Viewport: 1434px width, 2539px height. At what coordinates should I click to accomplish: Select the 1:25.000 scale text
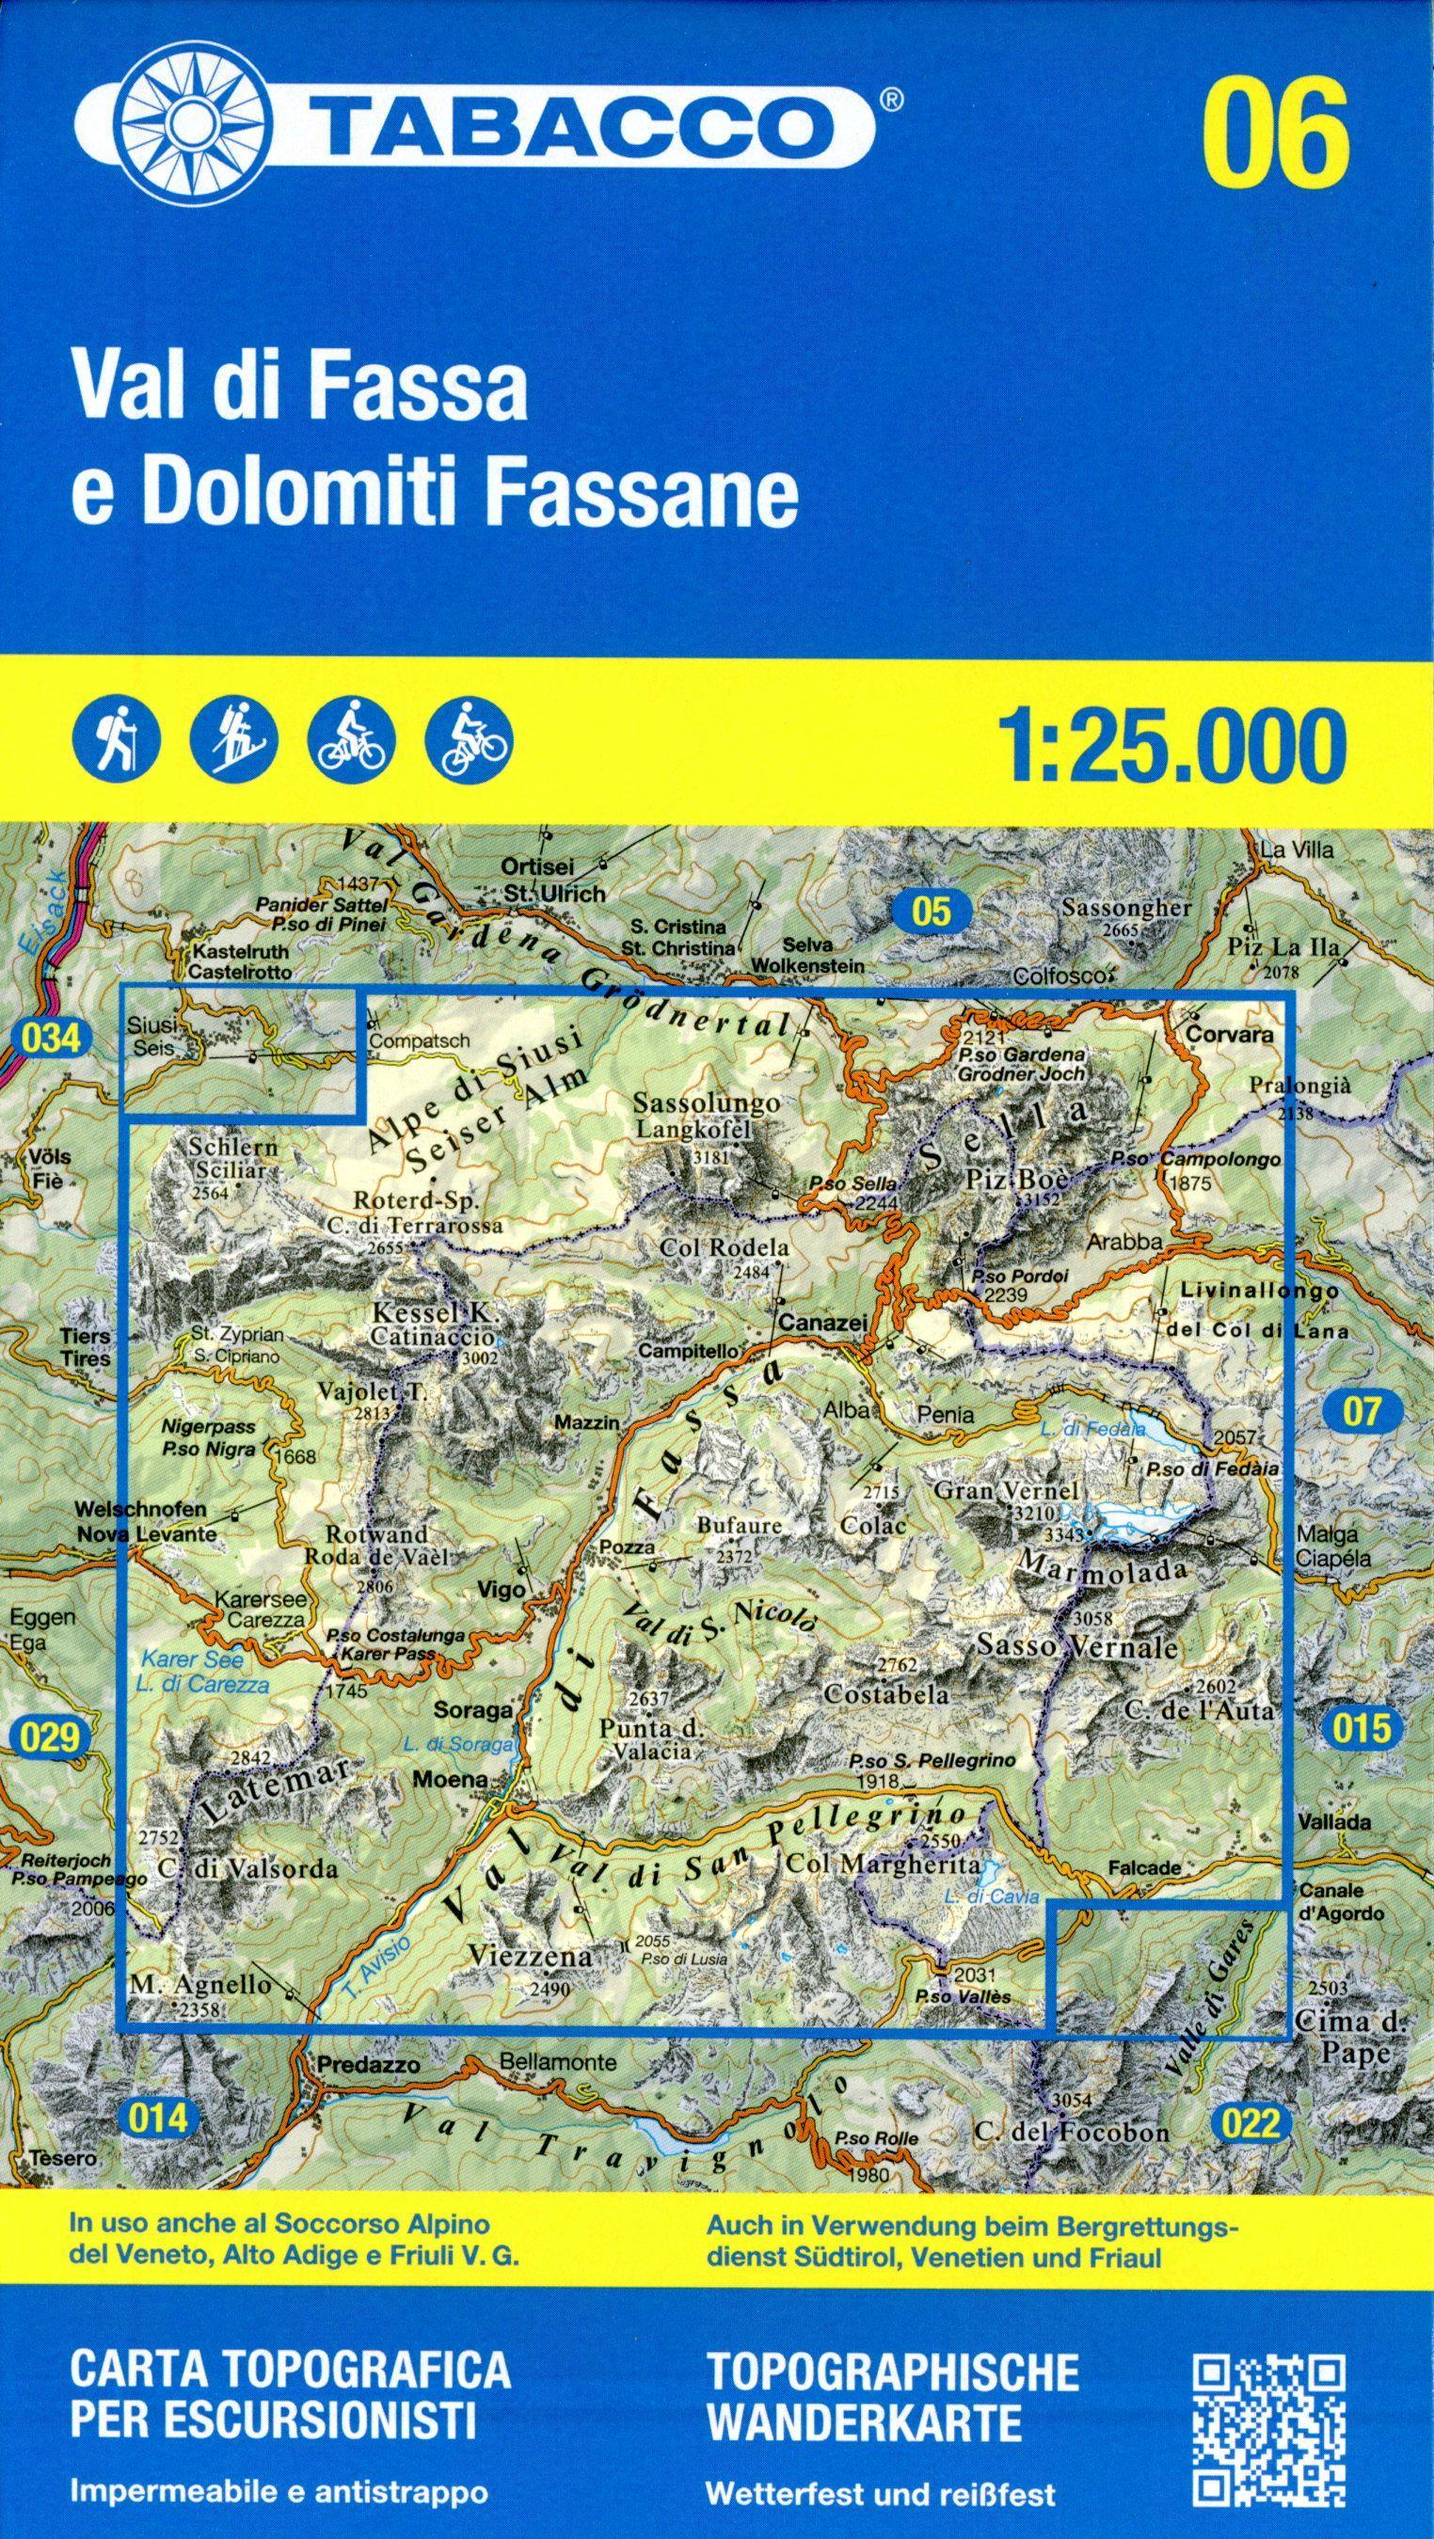1171,745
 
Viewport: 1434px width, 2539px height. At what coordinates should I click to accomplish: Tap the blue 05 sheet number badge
932,912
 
